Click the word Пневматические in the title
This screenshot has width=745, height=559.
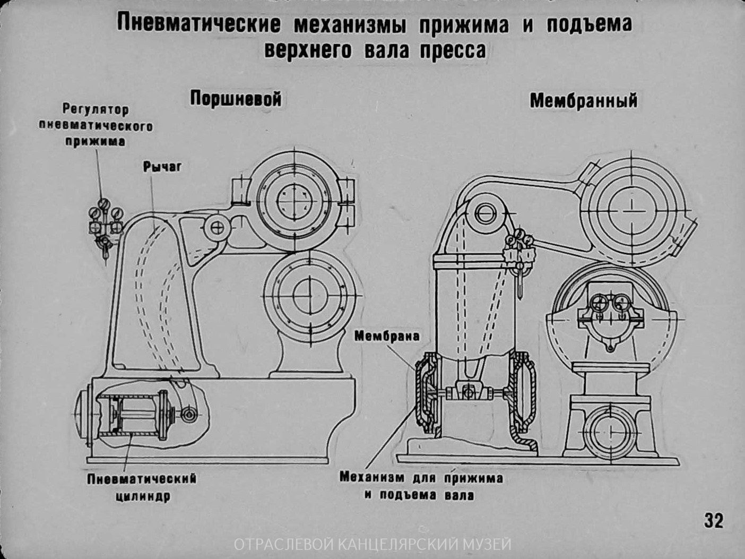click(198, 24)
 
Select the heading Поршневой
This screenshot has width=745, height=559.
click(235, 99)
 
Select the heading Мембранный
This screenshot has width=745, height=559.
click(583, 100)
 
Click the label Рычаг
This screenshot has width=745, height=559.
click(162, 167)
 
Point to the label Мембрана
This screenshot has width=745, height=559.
click(386, 336)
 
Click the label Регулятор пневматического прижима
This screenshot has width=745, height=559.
click(96, 126)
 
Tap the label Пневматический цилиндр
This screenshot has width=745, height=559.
click(142, 487)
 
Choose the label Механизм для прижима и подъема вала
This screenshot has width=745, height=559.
click(421, 486)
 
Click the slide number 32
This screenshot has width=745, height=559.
click(714, 520)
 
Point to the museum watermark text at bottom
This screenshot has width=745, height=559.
click(372, 545)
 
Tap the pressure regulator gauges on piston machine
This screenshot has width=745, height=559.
click(105, 218)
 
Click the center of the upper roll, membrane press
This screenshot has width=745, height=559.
click(631, 211)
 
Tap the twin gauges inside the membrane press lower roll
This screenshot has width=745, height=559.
click(609, 305)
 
